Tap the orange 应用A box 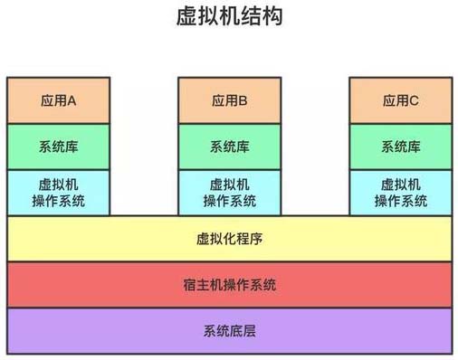click(x=59, y=100)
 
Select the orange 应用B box click(x=229, y=100)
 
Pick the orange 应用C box click(x=400, y=100)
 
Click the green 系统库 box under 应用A click(x=59, y=147)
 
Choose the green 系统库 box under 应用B click(x=229, y=147)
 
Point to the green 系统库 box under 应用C click(x=400, y=147)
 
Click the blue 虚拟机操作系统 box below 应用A click(x=59, y=192)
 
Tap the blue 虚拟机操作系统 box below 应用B click(x=229, y=192)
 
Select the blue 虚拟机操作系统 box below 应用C click(x=400, y=192)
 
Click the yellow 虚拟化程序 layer click(x=109, y=240)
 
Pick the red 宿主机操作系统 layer click(x=109, y=285)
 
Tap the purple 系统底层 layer click(x=109, y=330)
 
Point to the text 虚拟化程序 click(x=229, y=240)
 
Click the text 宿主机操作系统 click(x=229, y=285)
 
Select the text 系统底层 click(x=229, y=330)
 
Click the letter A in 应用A click(x=72, y=100)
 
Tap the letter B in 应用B click(x=243, y=100)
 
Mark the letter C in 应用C click(x=414, y=100)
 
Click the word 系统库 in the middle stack click(x=229, y=147)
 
